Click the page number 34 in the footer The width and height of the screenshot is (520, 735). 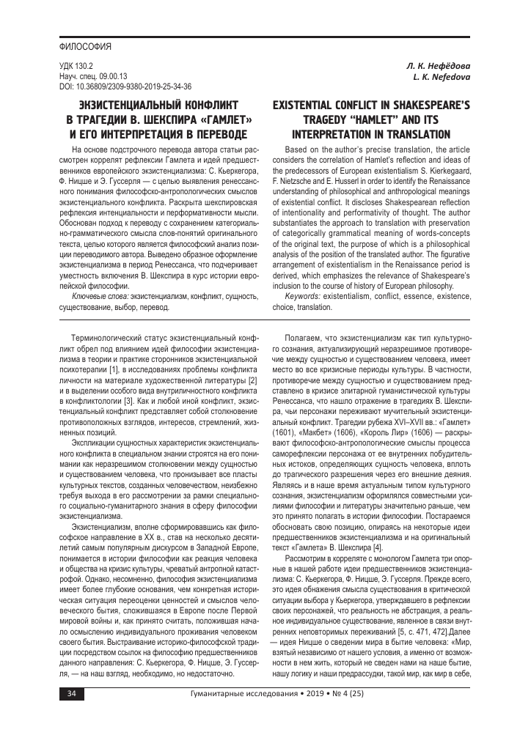click(x=70, y=712)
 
